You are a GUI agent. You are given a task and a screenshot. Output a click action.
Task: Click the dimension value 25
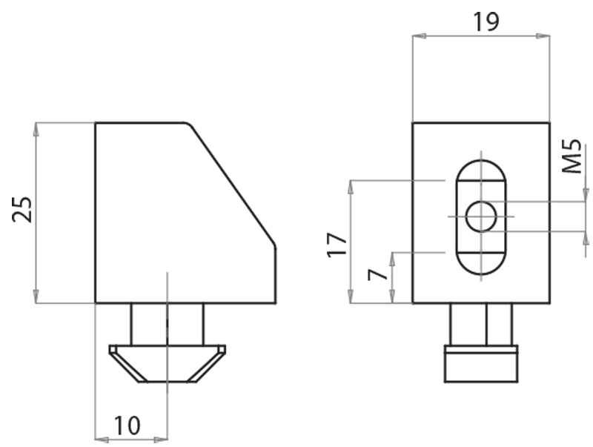[22, 209]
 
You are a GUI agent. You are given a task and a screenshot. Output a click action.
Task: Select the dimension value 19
[486, 21]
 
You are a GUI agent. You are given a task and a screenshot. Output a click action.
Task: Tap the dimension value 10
[127, 426]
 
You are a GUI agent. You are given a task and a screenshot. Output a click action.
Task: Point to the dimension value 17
[337, 245]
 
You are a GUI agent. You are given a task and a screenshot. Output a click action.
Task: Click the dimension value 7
[378, 275]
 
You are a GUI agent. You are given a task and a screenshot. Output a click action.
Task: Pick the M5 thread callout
[571, 156]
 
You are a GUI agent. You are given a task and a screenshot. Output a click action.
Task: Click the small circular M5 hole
[481, 216]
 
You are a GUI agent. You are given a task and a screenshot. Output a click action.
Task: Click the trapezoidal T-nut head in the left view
[168, 363]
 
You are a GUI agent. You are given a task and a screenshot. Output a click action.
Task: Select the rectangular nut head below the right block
[481, 363]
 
